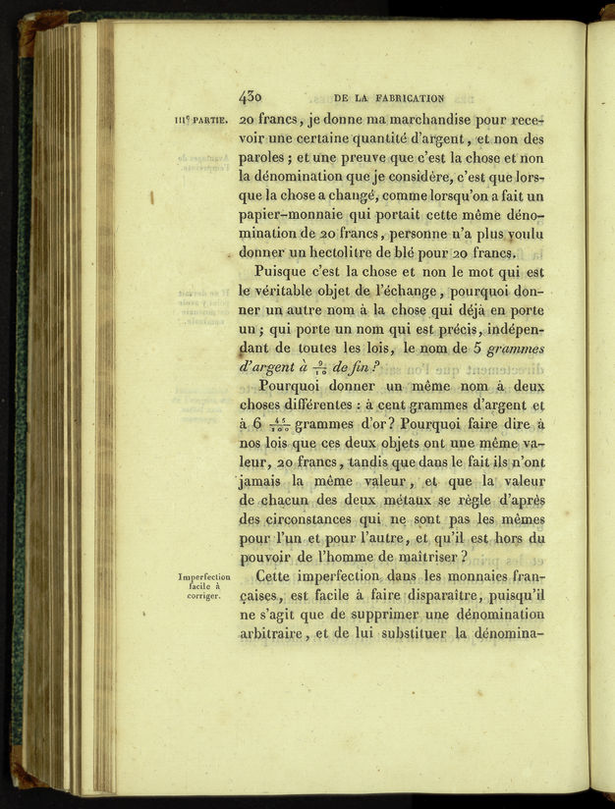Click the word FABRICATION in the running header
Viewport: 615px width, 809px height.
(403, 97)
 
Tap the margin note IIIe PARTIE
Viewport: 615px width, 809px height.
(200, 122)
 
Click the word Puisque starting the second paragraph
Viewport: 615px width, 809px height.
(285, 272)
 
